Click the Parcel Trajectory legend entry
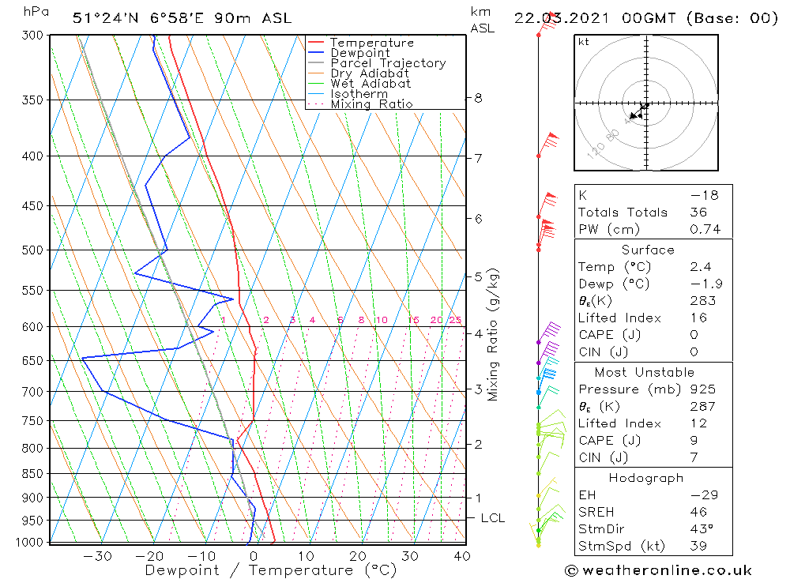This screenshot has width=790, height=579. tap(388, 63)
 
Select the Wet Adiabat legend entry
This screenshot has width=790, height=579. tap(371, 84)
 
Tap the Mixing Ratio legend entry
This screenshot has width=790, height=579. tap(371, 104)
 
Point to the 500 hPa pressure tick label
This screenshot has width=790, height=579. tap(32, 250)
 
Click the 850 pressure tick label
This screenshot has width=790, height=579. tap(32, 474)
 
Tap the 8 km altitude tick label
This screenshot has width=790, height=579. tap(478, 98)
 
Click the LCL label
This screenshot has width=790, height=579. tap(492, 518)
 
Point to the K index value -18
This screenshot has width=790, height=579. tap(699, 195)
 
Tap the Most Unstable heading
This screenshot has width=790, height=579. tap(645, 372)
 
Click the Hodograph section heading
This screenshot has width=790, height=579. tap(646, 478)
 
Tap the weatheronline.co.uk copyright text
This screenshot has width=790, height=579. tap(658, 570)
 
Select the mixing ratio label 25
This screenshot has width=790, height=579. tap(455, 320)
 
